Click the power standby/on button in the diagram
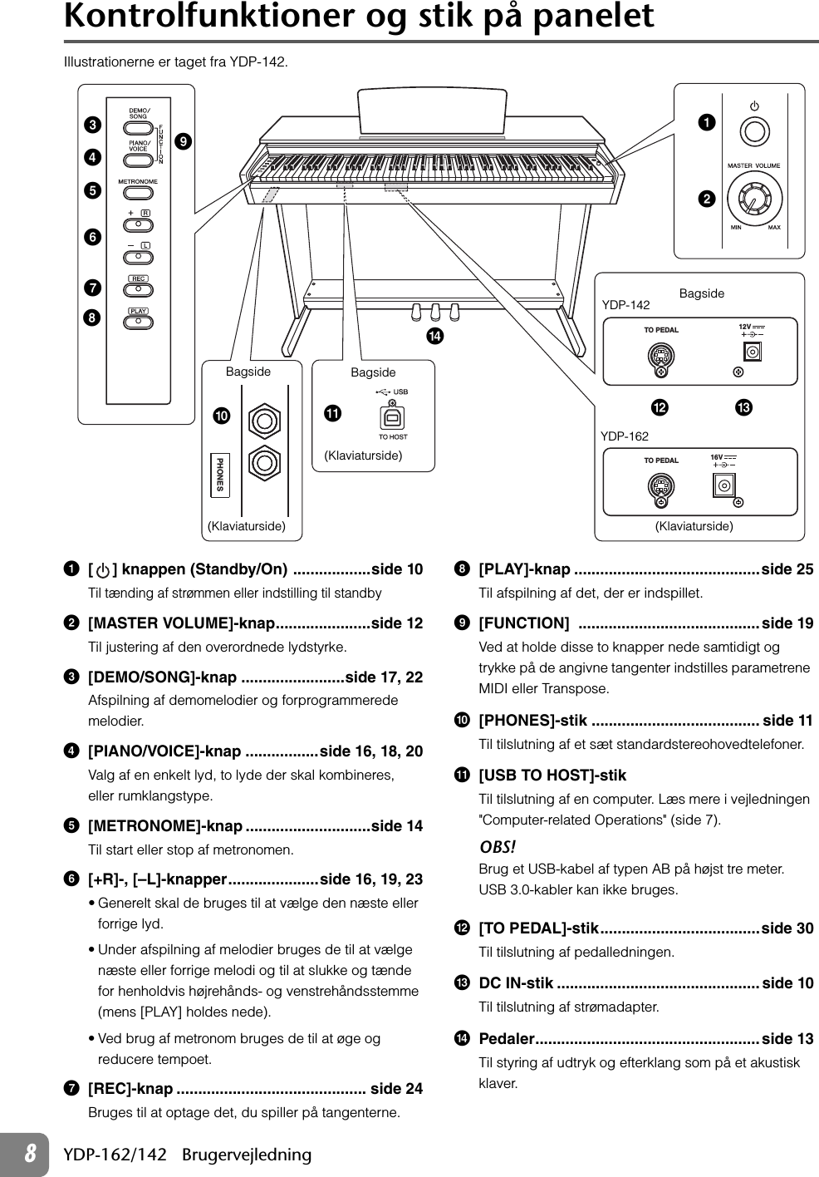tap(754, 131)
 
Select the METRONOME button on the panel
tap(139, 192)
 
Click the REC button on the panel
tap(138, 289)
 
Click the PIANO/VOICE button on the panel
tap(139, 159)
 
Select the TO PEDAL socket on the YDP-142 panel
tap(660, 358)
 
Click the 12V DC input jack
tap(753, 353)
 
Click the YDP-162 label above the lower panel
tap(625, 436)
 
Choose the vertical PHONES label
tap(219, 474)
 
